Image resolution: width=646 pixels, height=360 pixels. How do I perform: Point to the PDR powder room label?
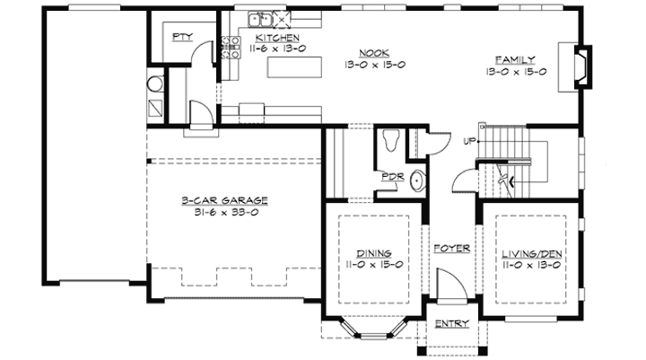392,176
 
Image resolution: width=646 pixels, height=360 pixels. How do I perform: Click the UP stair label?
469,142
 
